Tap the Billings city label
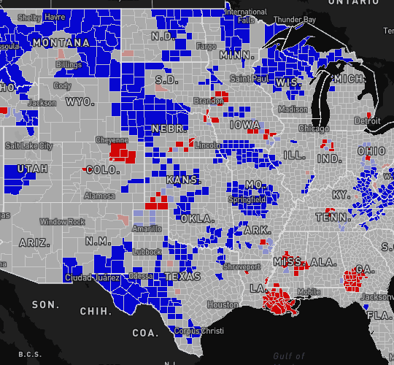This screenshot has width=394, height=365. coord(69,65)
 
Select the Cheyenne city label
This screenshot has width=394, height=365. coord(112,139)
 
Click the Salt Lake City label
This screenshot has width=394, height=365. coord(28,146)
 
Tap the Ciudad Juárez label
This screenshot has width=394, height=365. coord(89,277)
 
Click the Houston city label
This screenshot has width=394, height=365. coord(222,304)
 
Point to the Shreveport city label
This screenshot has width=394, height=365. coord(242,266)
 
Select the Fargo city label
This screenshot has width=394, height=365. coord(206,47)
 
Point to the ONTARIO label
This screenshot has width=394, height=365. coord(350,3)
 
